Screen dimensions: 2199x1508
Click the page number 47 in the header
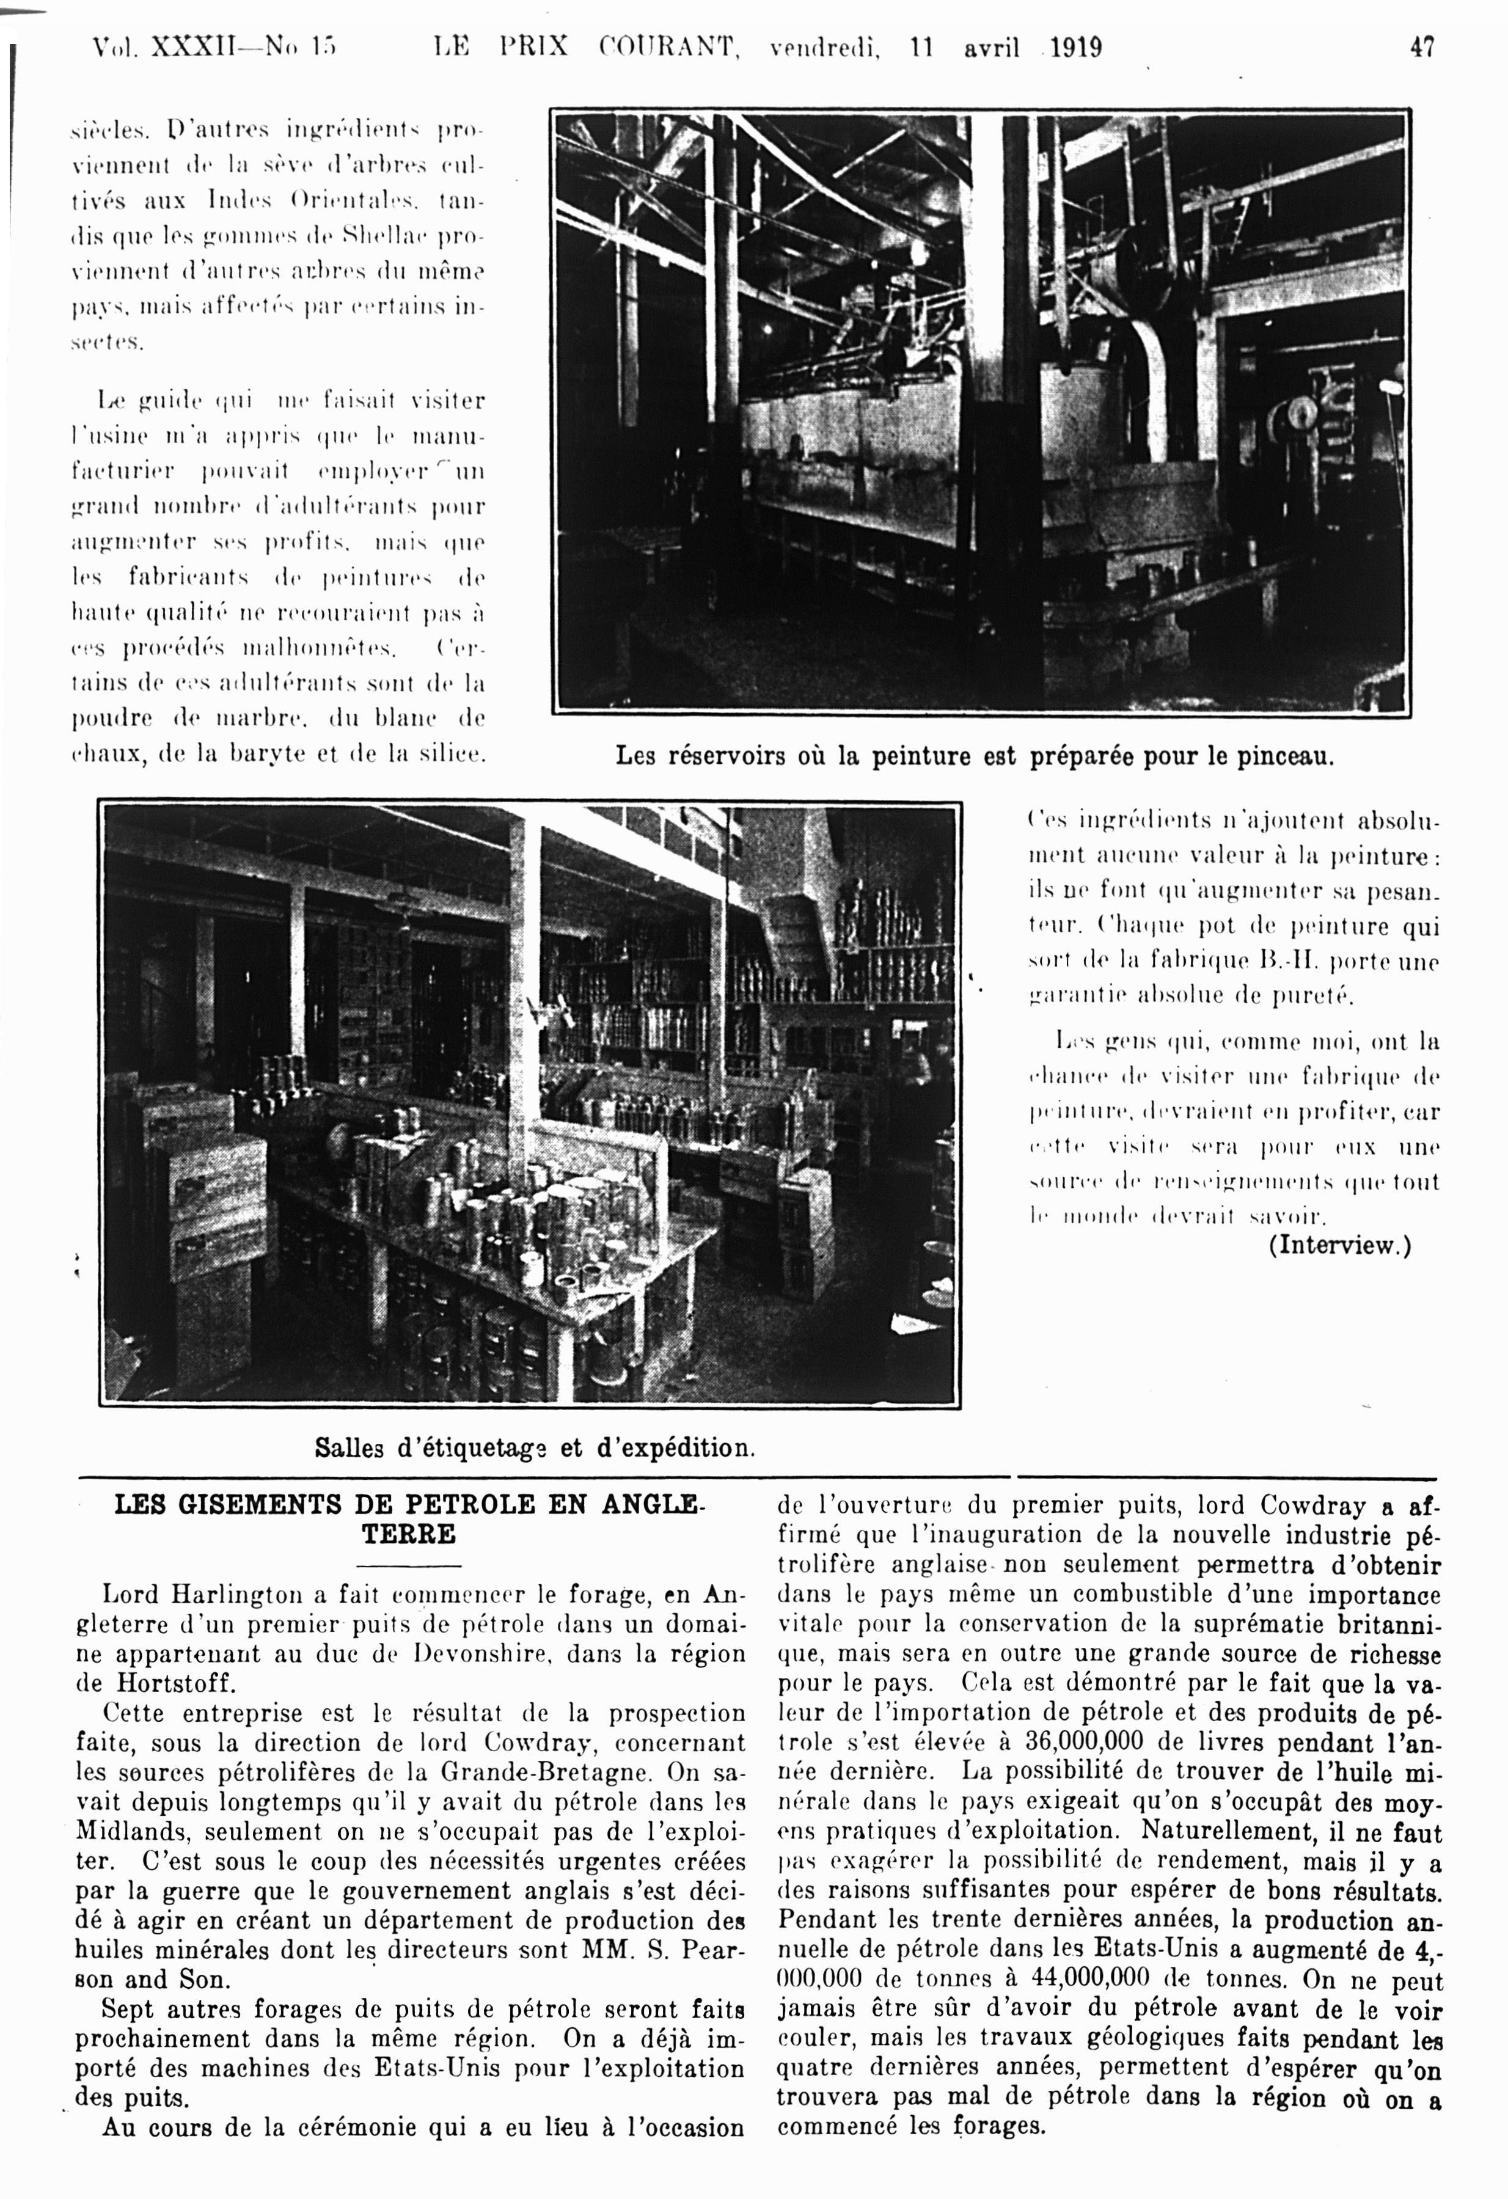1422,47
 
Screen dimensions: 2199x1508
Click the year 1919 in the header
1075,47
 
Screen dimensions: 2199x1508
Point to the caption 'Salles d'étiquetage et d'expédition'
535,1447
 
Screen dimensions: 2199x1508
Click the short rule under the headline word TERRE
409,1566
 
